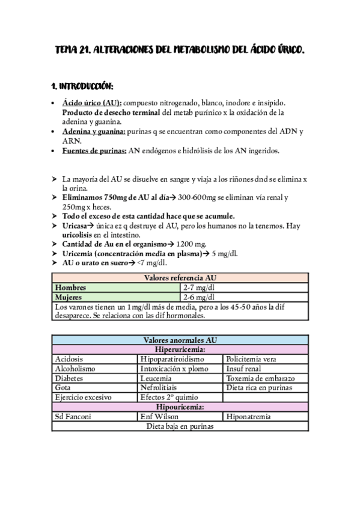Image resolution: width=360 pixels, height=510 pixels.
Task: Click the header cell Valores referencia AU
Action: (180, 278)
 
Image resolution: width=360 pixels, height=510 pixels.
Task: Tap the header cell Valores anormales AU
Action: (180, 340)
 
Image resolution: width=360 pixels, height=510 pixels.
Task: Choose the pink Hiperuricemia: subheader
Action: (180, 349)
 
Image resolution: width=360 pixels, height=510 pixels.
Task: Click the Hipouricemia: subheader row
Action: (180, 407)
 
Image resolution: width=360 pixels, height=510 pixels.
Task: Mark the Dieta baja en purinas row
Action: (180, 426)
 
